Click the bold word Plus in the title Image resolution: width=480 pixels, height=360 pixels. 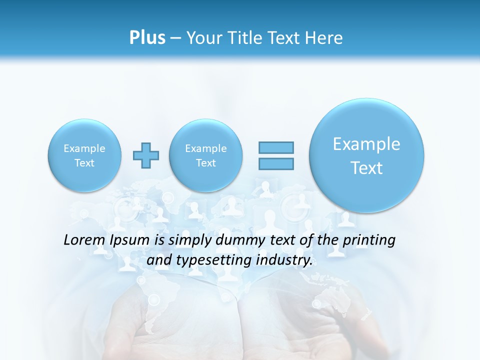[x=147, y=38]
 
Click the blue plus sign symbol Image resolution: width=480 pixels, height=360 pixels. [x=145, y=155]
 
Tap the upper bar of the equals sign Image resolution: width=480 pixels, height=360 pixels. [x=275, y=147]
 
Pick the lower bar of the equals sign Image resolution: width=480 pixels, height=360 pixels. [x=275, y=163]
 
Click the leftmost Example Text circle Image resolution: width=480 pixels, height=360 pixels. [x=84, y=155]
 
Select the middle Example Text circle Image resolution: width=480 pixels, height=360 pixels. [x=205, y=155]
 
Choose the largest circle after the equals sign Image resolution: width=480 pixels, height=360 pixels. [x=366, y=155]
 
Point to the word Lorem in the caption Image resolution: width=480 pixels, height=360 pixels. [x=84, y=240]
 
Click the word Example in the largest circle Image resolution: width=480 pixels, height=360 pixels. [x=366, y=144]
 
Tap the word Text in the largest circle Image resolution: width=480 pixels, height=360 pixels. [x=366, y=168]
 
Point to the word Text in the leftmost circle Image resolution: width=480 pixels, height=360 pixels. [x=84, y=163]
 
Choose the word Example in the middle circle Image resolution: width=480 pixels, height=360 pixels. [x=205, y=148]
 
